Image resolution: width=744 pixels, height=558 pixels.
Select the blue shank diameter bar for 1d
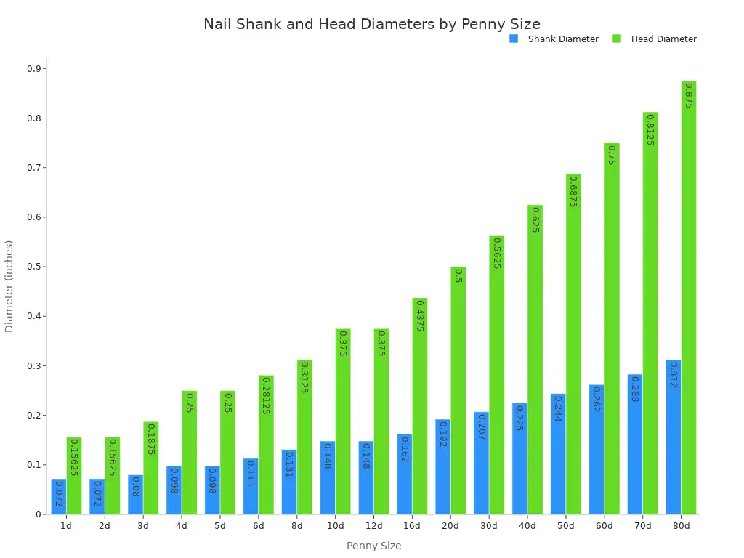(x=59, y=497)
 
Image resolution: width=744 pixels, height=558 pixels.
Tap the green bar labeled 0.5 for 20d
(x=458, y=392)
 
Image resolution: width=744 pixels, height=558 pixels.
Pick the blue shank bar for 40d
(x=519, y=459)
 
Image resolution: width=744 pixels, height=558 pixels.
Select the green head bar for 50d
(x=573, y=344)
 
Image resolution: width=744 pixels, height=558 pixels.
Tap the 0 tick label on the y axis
(x=41, y=514)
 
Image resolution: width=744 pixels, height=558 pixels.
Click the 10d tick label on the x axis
(x=335, y=526)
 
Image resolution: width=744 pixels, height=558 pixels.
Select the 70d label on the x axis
(x=643, y=526)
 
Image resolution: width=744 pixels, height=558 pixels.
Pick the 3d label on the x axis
(x=142, y=526)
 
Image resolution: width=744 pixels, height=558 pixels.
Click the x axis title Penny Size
(x=373, y=546)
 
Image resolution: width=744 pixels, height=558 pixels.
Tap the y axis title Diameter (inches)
(x=9, y=286)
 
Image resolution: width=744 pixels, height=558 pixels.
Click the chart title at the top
(x=372, y=24)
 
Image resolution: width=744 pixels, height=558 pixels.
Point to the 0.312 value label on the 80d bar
(x=674, y=375)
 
